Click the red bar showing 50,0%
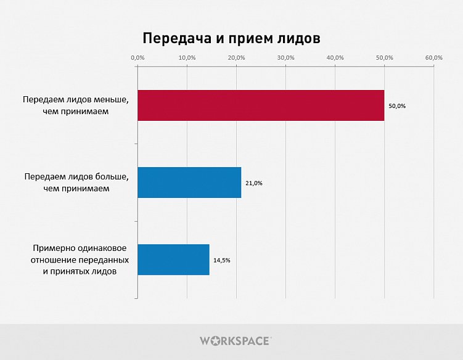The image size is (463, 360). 260,105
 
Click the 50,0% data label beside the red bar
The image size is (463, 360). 397,106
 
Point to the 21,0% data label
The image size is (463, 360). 254,183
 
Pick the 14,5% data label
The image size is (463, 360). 222,260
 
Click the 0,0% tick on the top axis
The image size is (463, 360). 138,57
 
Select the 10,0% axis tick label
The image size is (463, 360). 187,57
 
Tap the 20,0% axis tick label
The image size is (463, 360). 236,57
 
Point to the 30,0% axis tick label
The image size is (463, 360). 285,57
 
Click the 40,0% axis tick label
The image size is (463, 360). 335,57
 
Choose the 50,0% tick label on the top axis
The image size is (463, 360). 384,57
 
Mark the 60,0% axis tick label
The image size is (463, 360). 434,57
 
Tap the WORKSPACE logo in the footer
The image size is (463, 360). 235,340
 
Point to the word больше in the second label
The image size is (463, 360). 110,177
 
